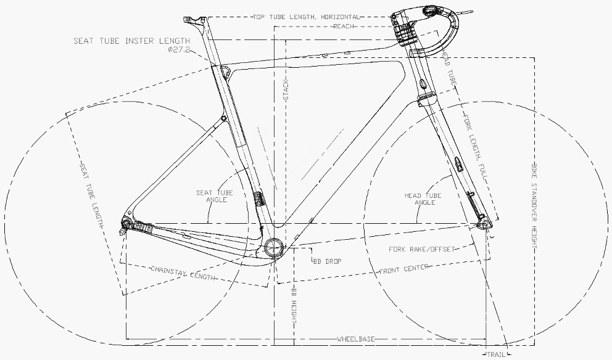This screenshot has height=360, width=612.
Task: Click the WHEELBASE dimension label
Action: [x=356, y=339]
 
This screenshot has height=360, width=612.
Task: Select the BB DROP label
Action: [x=327, y=261]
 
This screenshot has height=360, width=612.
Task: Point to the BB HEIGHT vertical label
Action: [x=294, y=305]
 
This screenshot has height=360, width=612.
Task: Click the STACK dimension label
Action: [x=286, y=91]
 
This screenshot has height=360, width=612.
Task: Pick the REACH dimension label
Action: [x=344, y=26]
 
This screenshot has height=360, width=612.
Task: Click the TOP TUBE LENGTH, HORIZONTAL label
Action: [x=306, y=17]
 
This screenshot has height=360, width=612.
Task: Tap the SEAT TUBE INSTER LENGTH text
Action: [x=132, y=41]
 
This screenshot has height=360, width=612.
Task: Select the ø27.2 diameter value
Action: [x=179, y=49]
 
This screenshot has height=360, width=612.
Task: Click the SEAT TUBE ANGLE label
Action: [x=214, y=196]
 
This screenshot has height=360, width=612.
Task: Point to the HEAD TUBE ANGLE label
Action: [x=423, y=199]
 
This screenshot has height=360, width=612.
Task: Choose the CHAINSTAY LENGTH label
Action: [x=183, y=273]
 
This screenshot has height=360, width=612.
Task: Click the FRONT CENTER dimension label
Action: [x=404, y=269]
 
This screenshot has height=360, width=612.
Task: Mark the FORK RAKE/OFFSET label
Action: [x=422, y=249]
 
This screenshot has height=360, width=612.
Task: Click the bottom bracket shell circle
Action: [x=273, y=247]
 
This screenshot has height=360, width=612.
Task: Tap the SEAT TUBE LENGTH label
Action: [x=92, y=195]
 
